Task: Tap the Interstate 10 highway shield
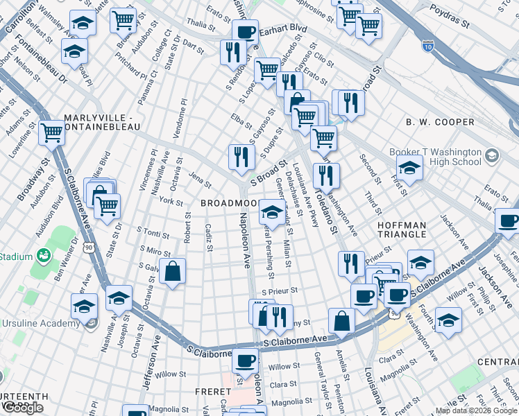pos(428,45)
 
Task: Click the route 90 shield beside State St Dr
pos(88,245)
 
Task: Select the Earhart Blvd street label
pos(283,31)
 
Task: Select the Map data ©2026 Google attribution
pos(476,410)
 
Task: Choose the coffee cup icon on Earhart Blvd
pos(244,31)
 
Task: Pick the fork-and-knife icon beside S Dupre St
pos(241,156)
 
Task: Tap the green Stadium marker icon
pos(43,256)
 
